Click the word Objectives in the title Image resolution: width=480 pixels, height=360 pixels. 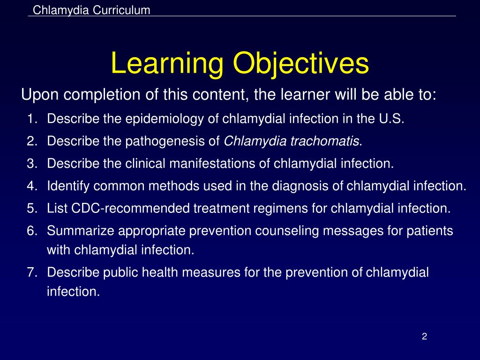point(301,64)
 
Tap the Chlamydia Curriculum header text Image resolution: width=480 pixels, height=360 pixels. point(91,10)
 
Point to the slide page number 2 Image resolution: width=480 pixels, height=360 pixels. point(424,337)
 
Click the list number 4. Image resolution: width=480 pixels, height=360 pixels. point(32,186)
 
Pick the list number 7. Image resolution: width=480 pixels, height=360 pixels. point(32,272)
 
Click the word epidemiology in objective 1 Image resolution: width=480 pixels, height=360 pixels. point(165,119)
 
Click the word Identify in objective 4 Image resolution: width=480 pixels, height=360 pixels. point(68,186)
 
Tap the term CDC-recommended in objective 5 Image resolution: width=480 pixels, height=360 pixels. point(130,209)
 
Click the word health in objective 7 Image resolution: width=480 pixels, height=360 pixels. point(160,272)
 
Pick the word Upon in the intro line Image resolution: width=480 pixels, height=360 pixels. point(40,95)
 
